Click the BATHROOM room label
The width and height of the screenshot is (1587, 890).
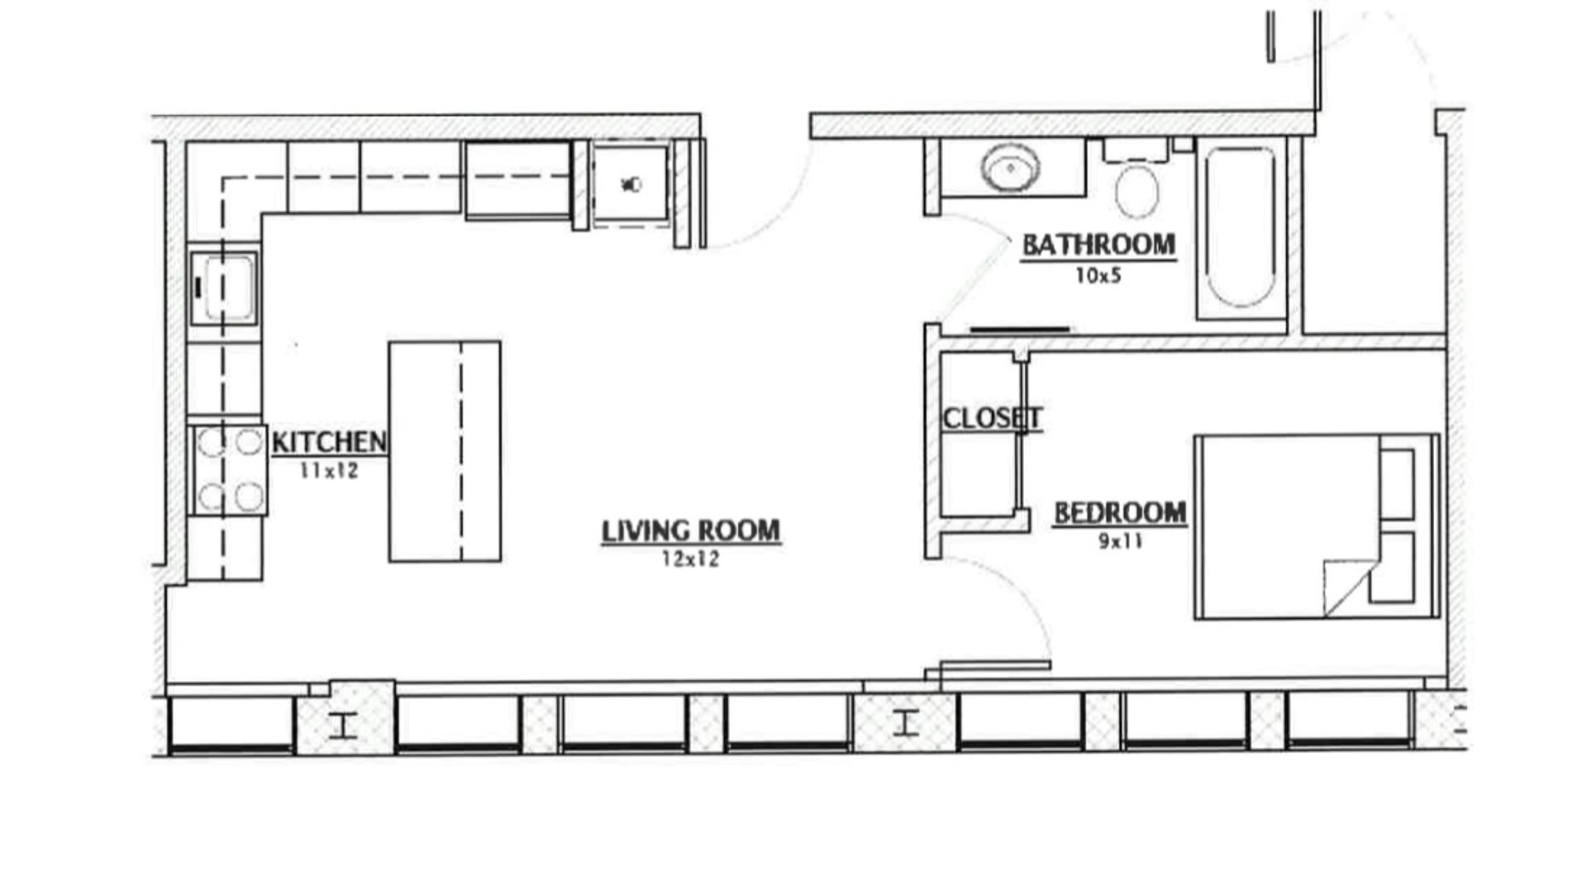1099,245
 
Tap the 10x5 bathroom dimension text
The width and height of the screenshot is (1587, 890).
1098,276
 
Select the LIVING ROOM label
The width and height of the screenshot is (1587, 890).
691,531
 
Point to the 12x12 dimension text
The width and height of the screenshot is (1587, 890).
690,559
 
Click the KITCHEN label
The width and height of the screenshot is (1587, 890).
329,442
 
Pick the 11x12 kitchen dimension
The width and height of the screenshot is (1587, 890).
329,471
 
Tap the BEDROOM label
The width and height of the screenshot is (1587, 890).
1120,513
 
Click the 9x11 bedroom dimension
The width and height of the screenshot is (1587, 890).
1121,542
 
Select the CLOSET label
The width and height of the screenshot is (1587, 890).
992,418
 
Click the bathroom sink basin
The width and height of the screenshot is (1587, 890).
1009,169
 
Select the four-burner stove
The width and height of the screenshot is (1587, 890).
229,469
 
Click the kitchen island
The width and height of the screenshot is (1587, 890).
445,451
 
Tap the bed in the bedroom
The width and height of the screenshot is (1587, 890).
1318,526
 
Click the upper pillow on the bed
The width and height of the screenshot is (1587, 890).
1397,483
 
